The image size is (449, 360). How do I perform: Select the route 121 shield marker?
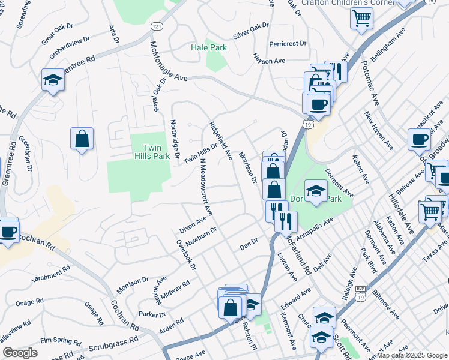point(157,27)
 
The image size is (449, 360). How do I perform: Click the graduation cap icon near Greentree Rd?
point(53,80)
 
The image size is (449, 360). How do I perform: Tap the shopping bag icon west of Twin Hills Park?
point(82,139)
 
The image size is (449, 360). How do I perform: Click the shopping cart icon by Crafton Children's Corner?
point(361,19)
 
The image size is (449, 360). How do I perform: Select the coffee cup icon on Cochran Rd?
point(8,232)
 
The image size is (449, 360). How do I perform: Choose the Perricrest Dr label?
point(288,44)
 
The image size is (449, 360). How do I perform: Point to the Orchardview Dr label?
point(70,46)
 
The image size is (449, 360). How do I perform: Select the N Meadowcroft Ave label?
point(206,187)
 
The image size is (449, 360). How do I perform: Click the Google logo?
point(20,353)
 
